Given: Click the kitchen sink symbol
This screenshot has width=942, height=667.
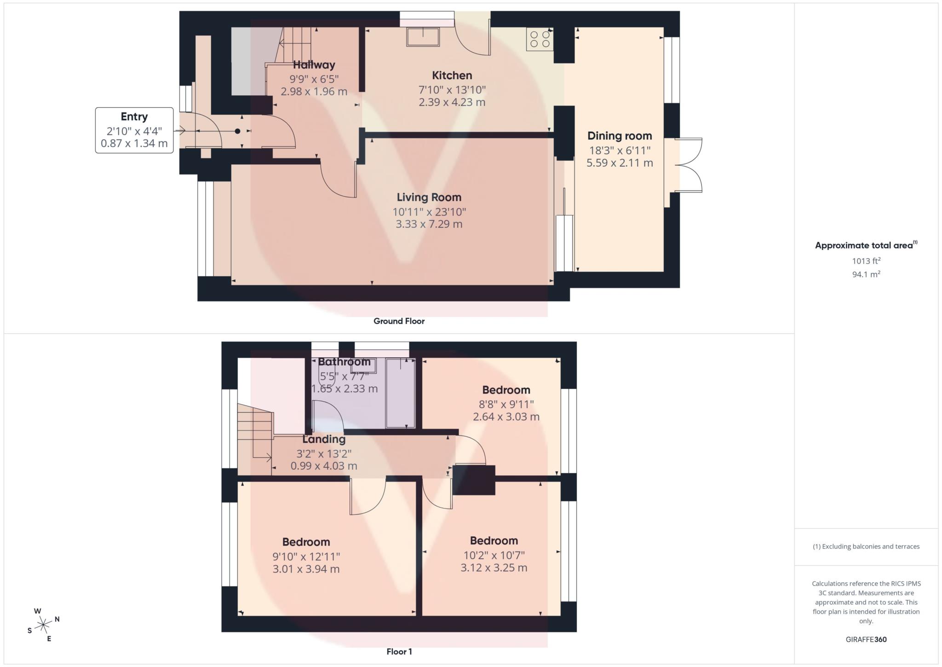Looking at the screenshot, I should (423, 37).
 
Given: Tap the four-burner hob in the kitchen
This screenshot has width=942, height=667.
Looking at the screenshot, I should (540, 39).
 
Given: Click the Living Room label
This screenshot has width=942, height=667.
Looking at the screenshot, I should (429, 197).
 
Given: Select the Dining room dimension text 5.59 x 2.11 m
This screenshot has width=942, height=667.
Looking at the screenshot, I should (620, 163).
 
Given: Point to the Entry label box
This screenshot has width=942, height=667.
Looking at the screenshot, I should (134, 130).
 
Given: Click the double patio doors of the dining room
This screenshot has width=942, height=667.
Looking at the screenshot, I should (689, 165).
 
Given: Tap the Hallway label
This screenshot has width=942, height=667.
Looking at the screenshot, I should (314, 65).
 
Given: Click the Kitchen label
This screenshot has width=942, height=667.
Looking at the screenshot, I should (452, 75).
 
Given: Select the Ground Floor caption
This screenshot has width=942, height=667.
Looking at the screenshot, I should (399, 321).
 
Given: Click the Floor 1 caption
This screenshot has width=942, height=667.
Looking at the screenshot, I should (399, 652).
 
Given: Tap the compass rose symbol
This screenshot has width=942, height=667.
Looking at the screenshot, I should (43, 625).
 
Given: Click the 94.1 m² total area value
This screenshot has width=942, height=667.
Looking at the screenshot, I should (866, 274).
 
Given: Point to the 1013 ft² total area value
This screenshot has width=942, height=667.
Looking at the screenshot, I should (866, 261).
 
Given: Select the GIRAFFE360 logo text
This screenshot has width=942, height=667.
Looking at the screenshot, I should (866, 639).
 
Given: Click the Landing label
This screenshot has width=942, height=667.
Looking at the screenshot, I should (323, 439).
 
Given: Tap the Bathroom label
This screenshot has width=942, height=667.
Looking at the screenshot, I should (344, 362).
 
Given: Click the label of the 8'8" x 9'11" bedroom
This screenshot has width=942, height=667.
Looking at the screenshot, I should (506, 390).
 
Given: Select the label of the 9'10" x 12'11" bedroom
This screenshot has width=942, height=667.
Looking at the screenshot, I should (306, 542).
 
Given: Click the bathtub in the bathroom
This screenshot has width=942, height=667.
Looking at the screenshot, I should (400, 394).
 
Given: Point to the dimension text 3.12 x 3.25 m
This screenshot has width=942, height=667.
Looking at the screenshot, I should (494, 568).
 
